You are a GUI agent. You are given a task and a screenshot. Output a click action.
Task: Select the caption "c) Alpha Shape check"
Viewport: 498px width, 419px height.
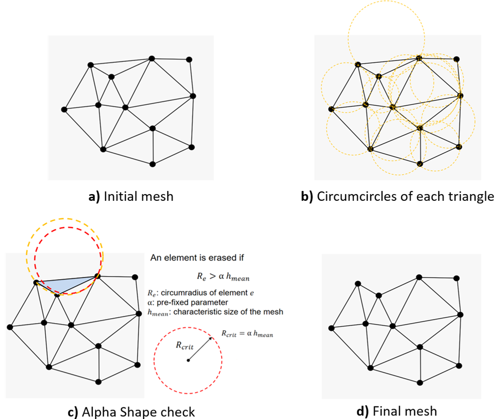coord(131,411)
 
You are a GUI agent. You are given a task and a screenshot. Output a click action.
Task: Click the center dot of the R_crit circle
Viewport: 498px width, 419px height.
coord(188,360)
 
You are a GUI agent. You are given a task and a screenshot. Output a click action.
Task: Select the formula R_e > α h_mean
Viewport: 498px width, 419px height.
coord(217,278)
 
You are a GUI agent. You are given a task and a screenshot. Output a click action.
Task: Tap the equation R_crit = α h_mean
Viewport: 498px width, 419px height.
coord(248,334)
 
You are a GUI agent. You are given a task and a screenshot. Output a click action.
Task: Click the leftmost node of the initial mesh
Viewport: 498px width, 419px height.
coord(64,109)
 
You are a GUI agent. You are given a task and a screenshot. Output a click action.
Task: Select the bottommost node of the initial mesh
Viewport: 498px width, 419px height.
coord(152,164)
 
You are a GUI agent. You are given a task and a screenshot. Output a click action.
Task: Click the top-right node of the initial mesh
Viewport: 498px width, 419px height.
coord(189,59)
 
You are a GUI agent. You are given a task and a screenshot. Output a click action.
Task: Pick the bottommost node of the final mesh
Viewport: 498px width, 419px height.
coord(420,382)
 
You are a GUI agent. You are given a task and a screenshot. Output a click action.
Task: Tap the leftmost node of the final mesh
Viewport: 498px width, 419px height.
coord(331,328)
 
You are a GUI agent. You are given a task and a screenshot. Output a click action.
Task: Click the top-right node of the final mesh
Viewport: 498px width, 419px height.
coord(456,278)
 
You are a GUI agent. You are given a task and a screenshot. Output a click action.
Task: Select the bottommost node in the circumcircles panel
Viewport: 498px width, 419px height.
coord(420,164)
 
